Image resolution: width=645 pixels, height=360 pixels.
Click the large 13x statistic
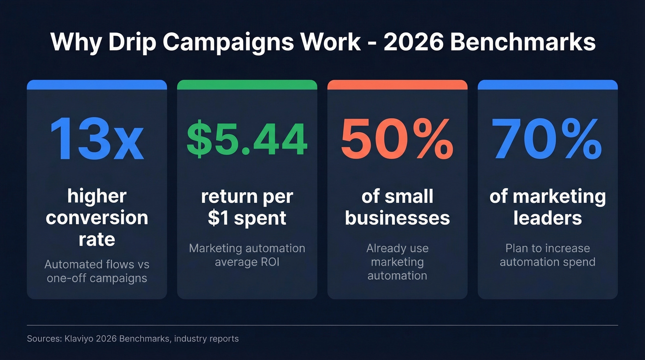pos(97,140)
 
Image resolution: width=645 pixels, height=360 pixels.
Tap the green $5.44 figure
pos(247,140)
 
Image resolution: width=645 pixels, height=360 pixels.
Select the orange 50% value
pos(397,140)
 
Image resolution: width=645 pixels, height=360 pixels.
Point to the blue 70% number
pos(547,140)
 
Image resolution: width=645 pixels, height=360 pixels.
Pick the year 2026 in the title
pos(412,42)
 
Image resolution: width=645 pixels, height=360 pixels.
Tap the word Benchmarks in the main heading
pos(522,42)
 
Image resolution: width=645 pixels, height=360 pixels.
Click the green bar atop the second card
pos(247,85)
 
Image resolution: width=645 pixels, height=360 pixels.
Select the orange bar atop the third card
pos(397,85)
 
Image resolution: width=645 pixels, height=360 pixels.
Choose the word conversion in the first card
pos(97,218)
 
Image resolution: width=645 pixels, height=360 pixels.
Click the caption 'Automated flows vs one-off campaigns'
pos(97,271)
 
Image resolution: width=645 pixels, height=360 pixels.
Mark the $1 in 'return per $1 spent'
pos(219,218)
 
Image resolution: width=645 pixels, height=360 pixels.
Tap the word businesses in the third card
pos(397,218)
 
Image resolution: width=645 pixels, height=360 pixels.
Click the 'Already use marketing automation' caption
pos(397,262)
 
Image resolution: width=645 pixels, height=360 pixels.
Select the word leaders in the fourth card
pos(547,218)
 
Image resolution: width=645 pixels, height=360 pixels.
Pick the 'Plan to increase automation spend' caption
pos(547,255)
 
